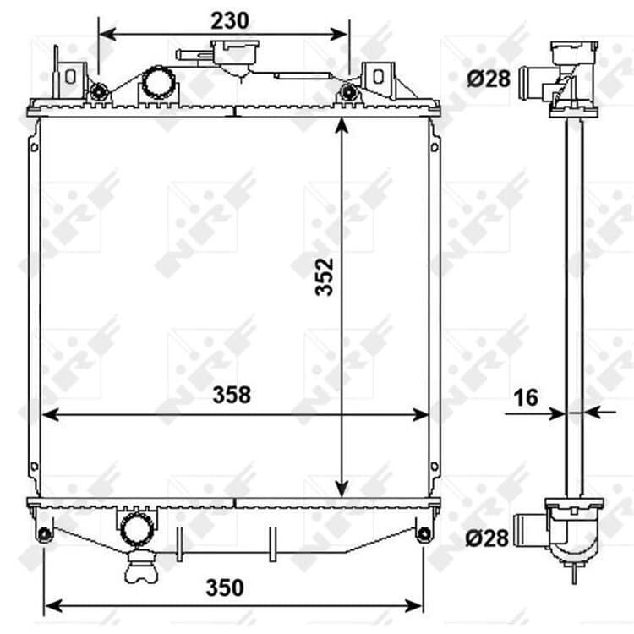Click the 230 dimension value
pyautogui.click(x=230, y=20)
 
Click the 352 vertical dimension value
pyautogui.click(x=325, y=276)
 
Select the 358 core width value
pyautogui.click(x=232, y=395)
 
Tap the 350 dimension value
pyautogui.click(x=224, y=588)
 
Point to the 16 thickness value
pyautogui.click(x=526, y=398)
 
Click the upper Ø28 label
pyautogui.click(x=489, y=79)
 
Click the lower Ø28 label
pyautogui.click(x=487, y=538)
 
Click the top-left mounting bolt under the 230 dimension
pyautogui.click(x=98, y=92)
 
